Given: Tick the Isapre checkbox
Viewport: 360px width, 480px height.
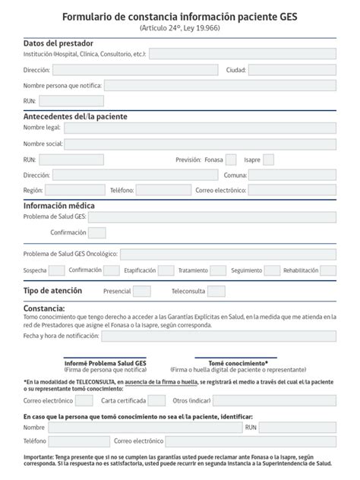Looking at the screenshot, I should coord(268,159).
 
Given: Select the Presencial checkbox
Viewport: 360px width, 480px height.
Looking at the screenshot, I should coord(142,291).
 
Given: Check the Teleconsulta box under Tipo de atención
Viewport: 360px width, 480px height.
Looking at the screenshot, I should coord(216,291).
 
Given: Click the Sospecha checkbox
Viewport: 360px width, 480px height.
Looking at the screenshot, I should coord(56,270).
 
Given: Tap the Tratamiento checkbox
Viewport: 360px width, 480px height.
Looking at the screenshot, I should coord(218,270).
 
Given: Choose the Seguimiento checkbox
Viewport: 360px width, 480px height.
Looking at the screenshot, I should coord(271,270).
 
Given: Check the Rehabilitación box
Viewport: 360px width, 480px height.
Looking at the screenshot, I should coord(327,270).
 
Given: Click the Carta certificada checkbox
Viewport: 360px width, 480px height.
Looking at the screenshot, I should coord(156,399).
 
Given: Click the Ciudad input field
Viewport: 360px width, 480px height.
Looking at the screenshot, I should coord(292,70).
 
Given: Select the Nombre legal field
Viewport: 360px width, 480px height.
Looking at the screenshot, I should coord(200,128).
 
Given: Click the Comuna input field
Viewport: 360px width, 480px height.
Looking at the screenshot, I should coord(292,175).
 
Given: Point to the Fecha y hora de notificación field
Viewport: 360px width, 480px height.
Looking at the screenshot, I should coord(219,336).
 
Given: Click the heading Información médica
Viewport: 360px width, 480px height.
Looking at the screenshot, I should coord(59,205).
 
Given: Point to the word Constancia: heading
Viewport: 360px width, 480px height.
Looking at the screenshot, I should coord(44,308).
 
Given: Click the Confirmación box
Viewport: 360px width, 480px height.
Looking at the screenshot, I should coord(97,232).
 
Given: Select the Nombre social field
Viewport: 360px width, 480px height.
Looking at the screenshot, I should coord(200,144).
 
